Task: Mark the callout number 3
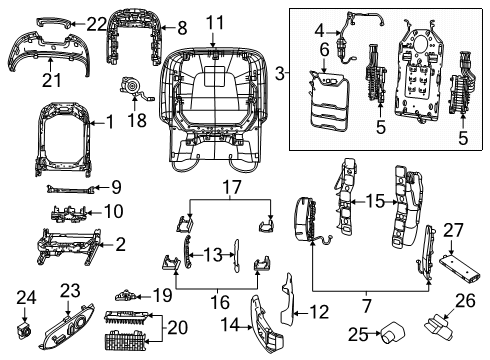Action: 281,74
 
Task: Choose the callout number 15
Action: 373,200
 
